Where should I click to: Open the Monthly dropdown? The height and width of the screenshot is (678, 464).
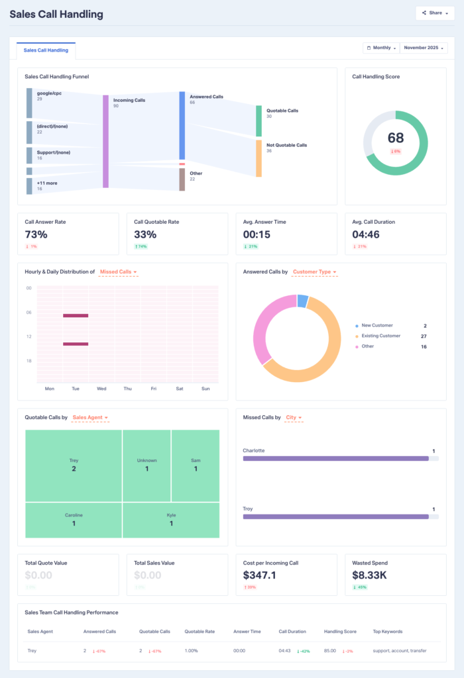pyautogui.click(x=380, y=48)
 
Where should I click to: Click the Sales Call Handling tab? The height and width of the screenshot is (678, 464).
pyautogui.click(x=46, y=50)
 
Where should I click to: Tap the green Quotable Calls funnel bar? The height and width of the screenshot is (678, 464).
pyautogui.click(x=259, y=121)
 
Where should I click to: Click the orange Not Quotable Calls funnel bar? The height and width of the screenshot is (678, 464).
pyautogui.click(x=259, y=158)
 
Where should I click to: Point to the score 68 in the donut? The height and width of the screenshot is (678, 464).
pyautogui.click(x=396, y=138)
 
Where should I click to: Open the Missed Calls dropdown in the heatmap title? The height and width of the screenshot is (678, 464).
pyautogui.click(x=119, y=272)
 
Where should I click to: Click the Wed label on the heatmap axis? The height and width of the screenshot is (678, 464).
pyautogui.click(x=101, y=389)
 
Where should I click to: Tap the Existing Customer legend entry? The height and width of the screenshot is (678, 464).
pyautogui.click(x=380, y=336)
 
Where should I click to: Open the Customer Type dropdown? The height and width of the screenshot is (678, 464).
pyautogui.click(x=314, y=272)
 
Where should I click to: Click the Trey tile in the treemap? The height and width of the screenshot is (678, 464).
pyautogui.click(x=74, y=465)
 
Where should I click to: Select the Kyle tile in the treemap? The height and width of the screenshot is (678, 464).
pyautogui.click(x=171, y=519)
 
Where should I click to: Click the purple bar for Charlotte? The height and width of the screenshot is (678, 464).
pyautogui.click(x=335, y=458)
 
